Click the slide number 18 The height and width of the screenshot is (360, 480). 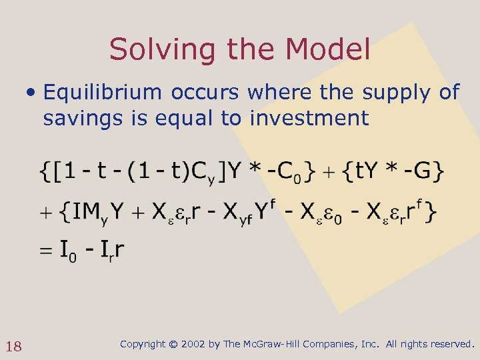point(14,346)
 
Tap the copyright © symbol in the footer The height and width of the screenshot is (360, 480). point(173,344)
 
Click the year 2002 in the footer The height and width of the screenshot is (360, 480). point(193,344)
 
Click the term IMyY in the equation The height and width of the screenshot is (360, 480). point(96,213)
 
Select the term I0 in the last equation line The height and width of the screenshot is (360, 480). point(68,252)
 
